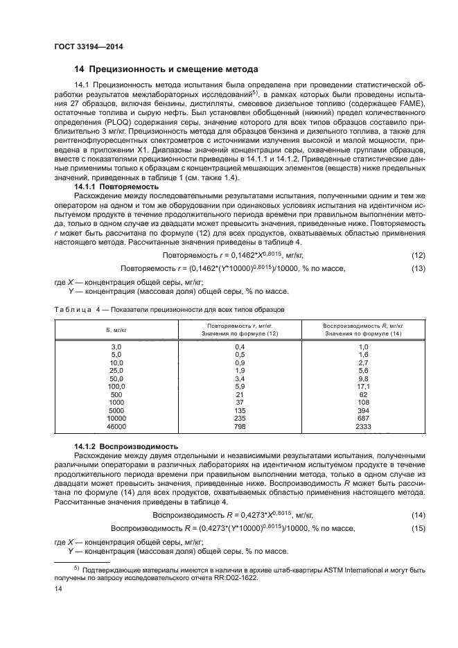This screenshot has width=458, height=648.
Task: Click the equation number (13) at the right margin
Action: [x=418, y=268]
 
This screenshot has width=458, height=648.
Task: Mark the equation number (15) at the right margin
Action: [x=418, y=529]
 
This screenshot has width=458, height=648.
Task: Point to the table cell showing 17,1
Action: [x=362, y=385]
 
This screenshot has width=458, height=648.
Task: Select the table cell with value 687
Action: [x=362, y=418]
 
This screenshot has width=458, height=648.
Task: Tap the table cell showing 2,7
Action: [x=362, y=361]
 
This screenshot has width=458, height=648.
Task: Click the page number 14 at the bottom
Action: [x=59, y=588]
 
